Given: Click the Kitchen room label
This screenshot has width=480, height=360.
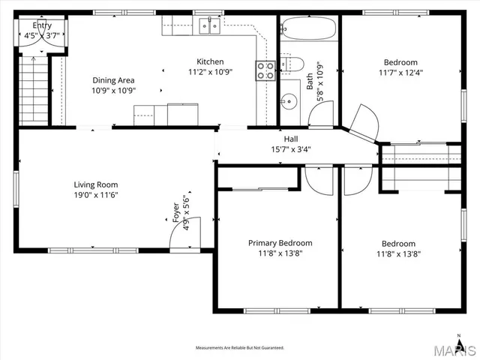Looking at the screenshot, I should tap(210, 62).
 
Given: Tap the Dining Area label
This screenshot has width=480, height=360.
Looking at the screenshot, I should tap(114, 80).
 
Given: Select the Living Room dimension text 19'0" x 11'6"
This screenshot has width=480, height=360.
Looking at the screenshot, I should tap(96, 195).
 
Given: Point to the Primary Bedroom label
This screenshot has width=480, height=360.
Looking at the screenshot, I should tap(280, 243).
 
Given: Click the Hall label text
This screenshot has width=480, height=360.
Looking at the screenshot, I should tap(290, 139).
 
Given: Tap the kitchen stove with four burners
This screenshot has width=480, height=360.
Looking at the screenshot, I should tap(265, 70).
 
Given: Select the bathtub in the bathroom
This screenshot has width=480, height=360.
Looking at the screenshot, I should tap(308, 30).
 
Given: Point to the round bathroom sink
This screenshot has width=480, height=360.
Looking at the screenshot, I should tap(289, 100).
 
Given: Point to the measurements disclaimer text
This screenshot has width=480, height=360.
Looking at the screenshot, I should tap(240, 348).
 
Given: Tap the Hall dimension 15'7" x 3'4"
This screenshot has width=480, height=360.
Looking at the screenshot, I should tap(290, 148).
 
